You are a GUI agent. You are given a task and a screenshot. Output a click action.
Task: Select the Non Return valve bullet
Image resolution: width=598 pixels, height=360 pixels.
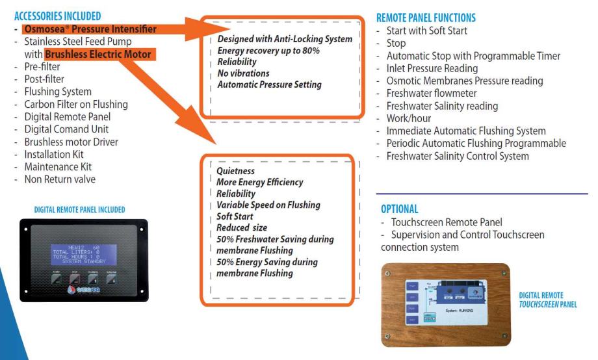[60, 179]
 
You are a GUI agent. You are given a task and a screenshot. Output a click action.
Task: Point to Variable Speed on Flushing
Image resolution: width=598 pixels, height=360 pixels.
[268, 205]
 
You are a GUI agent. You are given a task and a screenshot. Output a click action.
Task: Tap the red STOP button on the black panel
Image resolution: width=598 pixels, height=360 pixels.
[74, 280]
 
